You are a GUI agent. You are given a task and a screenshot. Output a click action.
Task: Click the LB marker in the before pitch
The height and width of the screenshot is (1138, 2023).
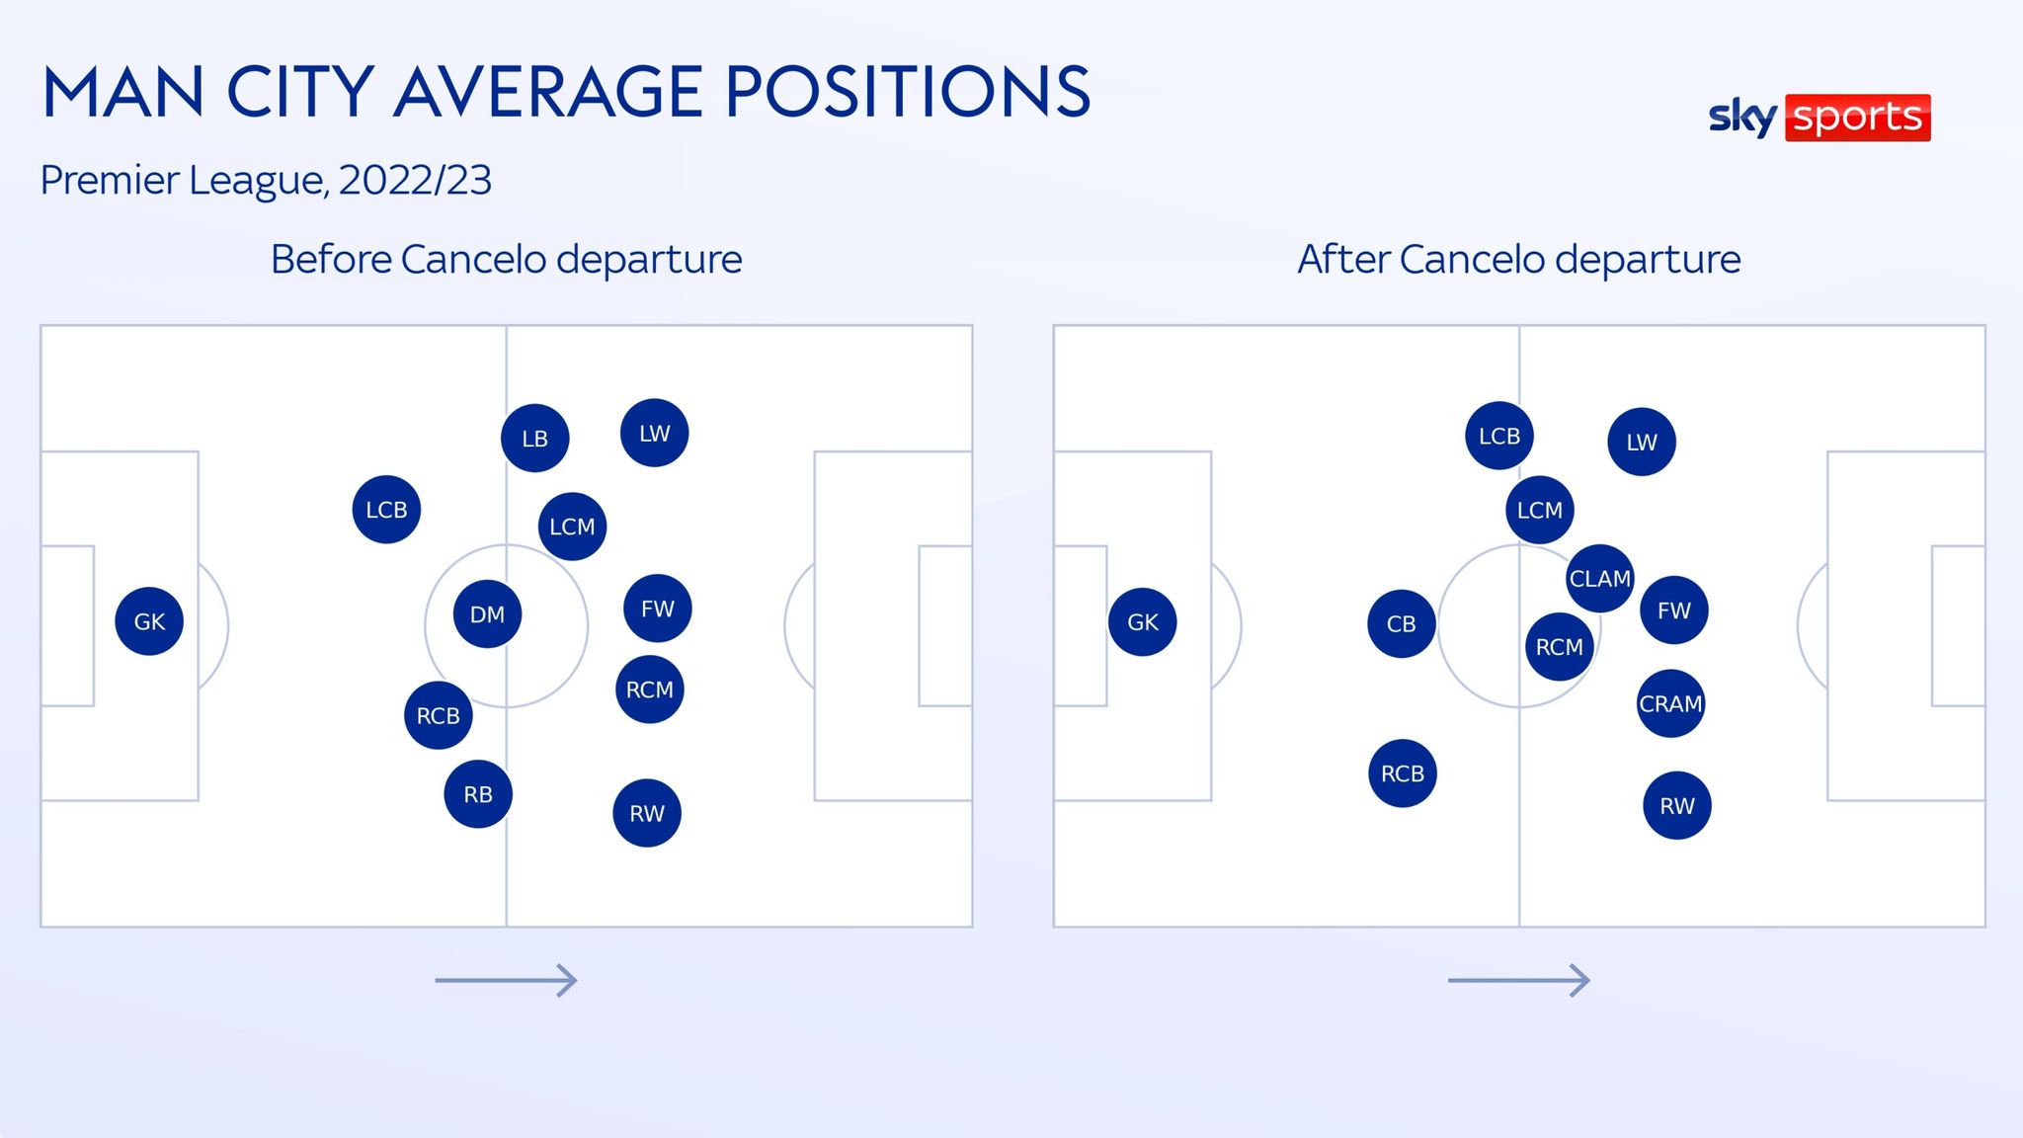click(534, 438)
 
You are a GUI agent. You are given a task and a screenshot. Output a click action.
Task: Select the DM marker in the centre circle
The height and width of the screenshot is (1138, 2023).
click(487, 614)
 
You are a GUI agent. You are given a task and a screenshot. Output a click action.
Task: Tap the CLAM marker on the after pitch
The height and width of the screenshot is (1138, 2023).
click(1599, 578)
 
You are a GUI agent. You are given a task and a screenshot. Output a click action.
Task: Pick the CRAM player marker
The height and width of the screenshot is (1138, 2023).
click(1670, 703)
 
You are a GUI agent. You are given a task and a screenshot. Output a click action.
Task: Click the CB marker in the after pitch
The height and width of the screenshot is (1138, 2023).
click(1401, 623)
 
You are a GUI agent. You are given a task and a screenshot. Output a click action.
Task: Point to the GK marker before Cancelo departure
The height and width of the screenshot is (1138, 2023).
click(149, 621)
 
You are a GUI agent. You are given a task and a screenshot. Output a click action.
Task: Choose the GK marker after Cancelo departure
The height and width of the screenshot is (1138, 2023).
click(1142, 621)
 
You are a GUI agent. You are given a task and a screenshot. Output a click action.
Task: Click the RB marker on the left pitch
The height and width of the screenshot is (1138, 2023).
click(478, 794)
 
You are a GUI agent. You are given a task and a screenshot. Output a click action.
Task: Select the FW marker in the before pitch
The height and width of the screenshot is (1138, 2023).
click(657, 609)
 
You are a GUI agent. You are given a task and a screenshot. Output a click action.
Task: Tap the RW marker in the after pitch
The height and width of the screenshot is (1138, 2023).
click(1676, 806)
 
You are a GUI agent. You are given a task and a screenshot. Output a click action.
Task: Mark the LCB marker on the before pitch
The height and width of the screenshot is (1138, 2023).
click(386, 510)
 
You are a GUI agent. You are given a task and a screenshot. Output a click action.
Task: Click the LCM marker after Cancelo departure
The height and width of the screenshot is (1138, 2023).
click(1539, 510)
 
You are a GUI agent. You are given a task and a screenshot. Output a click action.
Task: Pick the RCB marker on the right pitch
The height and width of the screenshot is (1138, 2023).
click(1402, 773)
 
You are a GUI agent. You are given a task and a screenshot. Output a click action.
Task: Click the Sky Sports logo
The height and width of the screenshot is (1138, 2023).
click(1819, 118)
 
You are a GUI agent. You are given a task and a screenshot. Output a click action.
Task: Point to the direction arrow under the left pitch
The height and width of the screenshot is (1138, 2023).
click(506, 980)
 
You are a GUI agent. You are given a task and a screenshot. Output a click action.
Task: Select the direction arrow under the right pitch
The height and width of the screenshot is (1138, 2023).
click(1518, 980)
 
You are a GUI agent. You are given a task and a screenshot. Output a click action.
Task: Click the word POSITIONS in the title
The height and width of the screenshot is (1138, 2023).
click(908, 93)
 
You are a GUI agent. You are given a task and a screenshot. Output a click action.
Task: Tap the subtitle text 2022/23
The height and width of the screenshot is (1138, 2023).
click(415, 181)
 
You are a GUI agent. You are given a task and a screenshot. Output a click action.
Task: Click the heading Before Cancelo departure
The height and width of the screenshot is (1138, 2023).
click(506, 260)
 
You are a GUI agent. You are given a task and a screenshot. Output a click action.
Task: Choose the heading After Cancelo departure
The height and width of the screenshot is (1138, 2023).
click(1518, 260)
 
